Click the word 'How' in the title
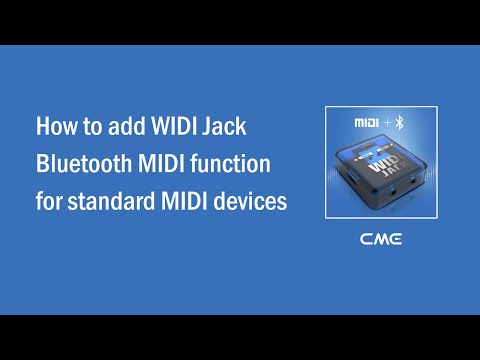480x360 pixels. coord(55,128)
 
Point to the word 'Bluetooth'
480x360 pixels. coord(82,164)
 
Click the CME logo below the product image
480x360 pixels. coord(382,240)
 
